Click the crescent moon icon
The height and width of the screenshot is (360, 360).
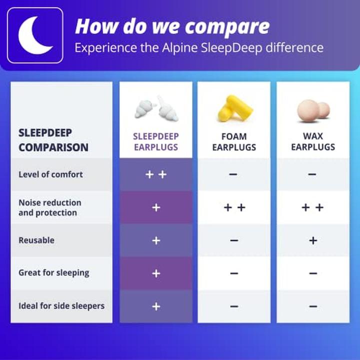coord(34,35)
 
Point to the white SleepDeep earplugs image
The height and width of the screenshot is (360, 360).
coord(156,109)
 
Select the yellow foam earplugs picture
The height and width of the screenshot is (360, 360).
coord(234,108)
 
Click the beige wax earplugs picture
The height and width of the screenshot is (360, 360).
coord(313,109)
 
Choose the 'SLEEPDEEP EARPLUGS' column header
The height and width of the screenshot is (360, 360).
coord(156,141)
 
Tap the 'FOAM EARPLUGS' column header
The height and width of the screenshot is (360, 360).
coord(234,141)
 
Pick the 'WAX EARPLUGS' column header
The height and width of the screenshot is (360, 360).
coord(313,141)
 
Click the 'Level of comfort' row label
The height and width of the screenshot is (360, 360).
coord(50,174)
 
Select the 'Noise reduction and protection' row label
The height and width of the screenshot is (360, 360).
coord(49,207)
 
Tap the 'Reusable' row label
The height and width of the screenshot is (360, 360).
coord(36,240)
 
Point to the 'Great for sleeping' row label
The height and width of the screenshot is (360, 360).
coord(53,273)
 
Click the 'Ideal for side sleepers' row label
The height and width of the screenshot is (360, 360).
coord(61,306)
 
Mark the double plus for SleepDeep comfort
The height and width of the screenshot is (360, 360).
coord(156,174)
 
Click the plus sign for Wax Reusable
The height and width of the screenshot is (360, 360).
coord(313,240)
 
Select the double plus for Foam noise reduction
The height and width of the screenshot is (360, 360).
coord(234,207)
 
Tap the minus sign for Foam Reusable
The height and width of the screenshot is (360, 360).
coord(234,240)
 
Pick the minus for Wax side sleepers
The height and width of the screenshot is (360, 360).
coord(313,306)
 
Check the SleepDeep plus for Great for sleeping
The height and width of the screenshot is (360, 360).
coord(156,273)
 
